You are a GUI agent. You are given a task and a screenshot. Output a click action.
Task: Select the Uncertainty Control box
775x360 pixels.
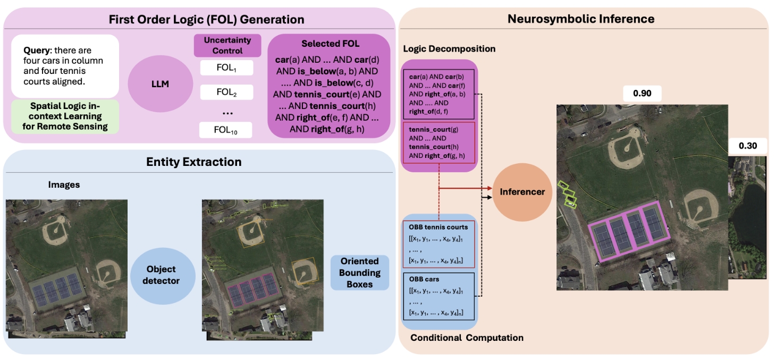228,45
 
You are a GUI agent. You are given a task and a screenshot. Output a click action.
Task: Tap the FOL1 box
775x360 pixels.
226,68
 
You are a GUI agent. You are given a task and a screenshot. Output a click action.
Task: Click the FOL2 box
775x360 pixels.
226,92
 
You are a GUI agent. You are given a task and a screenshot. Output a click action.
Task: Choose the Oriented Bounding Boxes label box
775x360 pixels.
360,273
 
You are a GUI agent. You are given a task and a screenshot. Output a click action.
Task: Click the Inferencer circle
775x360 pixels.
522,191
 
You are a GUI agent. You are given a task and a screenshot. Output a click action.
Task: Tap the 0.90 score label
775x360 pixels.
643,94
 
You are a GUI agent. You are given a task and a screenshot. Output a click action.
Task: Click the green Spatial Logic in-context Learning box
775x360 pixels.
65,116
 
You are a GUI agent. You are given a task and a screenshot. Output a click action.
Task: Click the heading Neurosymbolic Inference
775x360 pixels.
580,19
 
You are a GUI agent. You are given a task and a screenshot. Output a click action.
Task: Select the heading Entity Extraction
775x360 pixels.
193,162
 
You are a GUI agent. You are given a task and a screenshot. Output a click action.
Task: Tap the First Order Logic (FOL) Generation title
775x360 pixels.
206,20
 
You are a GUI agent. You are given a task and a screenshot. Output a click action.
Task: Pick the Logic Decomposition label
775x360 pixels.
449,49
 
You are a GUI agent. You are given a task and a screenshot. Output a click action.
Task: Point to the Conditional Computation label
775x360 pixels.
467,338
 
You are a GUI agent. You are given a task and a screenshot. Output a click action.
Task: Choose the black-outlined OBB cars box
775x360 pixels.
439,296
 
